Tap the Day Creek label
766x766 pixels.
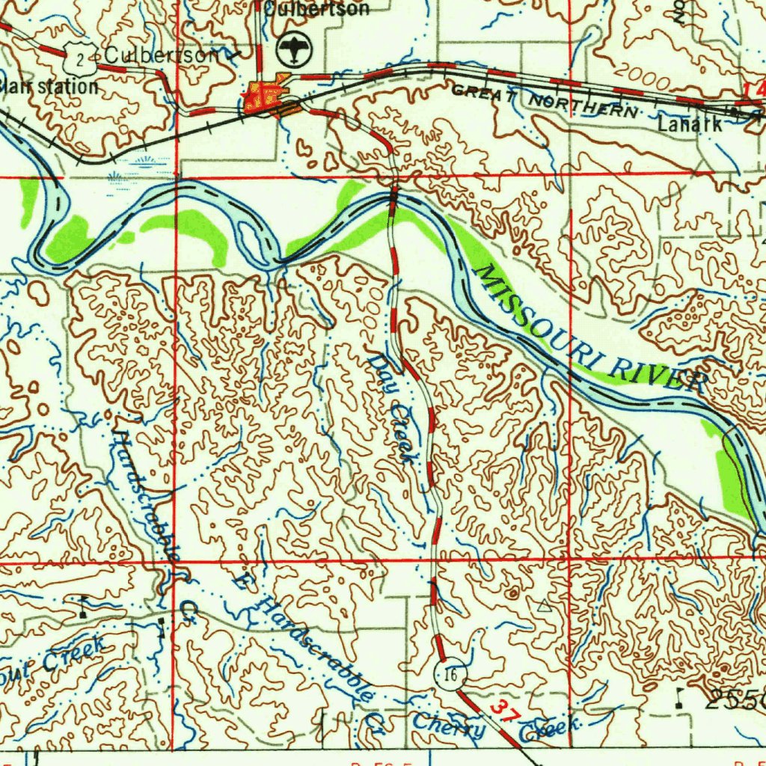click(x=392, y=408)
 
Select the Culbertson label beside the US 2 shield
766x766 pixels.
click(x=162, y=55)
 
